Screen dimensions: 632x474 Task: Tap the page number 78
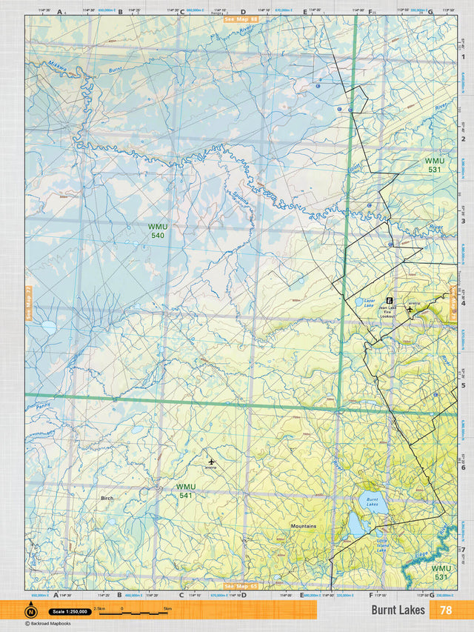pyautogui.click(x=445, y=610)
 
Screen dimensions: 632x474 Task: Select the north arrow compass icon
pyautogui.click(x=31, y=611)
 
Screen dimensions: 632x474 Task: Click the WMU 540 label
pyautogui.click(x=156, y=230)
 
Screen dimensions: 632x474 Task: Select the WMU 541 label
pyautogui.click(x=186, y=490)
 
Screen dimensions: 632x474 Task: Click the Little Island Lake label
pyautogui.click(x=381, y=546)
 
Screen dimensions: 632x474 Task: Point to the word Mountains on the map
pyautogui.click(x=303, y=527)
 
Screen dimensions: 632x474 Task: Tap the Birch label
pyautogui.click(x=107, y=498)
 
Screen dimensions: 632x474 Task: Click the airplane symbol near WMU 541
pyautogui.click(x=211, y=462)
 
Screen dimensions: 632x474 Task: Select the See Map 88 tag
pyautogui.click(x=241, y=18)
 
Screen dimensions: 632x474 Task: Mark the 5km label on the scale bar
pyautogui.click(x=167, y=608)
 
